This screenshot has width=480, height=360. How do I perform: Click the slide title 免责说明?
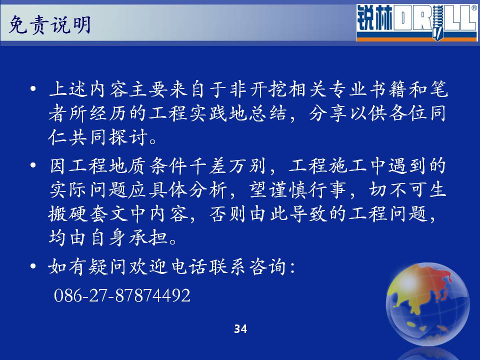point(49,24)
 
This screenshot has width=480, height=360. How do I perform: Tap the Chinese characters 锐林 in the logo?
point(374,18)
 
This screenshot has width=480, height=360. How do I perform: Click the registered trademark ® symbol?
point(474,8)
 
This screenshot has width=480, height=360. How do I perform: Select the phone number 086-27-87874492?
point(122,295)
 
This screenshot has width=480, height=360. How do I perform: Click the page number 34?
point(240,329)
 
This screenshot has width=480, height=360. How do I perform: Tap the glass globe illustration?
point(427,304)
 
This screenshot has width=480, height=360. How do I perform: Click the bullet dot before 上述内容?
point(33,89)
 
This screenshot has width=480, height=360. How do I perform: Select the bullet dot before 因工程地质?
point(33,165)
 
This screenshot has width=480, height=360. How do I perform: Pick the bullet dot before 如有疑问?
point(33,266)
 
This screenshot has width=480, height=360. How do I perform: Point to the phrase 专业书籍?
point(368,89)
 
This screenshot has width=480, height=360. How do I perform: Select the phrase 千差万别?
point(228,166)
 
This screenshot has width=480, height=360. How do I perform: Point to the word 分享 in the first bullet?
point(327,113)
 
